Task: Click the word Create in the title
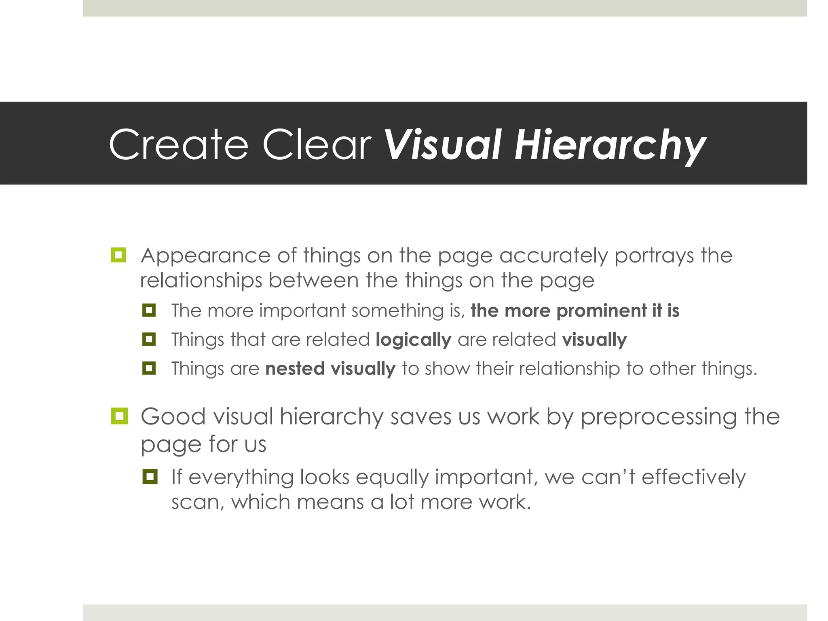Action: [x=178, y=144]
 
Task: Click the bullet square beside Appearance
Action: [x=118, y=255]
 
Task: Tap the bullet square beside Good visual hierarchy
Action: [x=119, y=416]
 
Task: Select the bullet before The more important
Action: [x=149, y=310]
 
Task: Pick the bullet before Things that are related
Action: [x=149, y=339]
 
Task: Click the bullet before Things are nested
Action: [x=149, y=368]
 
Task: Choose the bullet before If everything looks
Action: [x=150, y=477]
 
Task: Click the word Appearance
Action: [x=205, y=256]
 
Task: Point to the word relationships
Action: [x=201, y=281]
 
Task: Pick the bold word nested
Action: [x=295, y=369]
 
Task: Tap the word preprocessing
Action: [x=658, y=417]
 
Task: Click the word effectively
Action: [x=693, y=477]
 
